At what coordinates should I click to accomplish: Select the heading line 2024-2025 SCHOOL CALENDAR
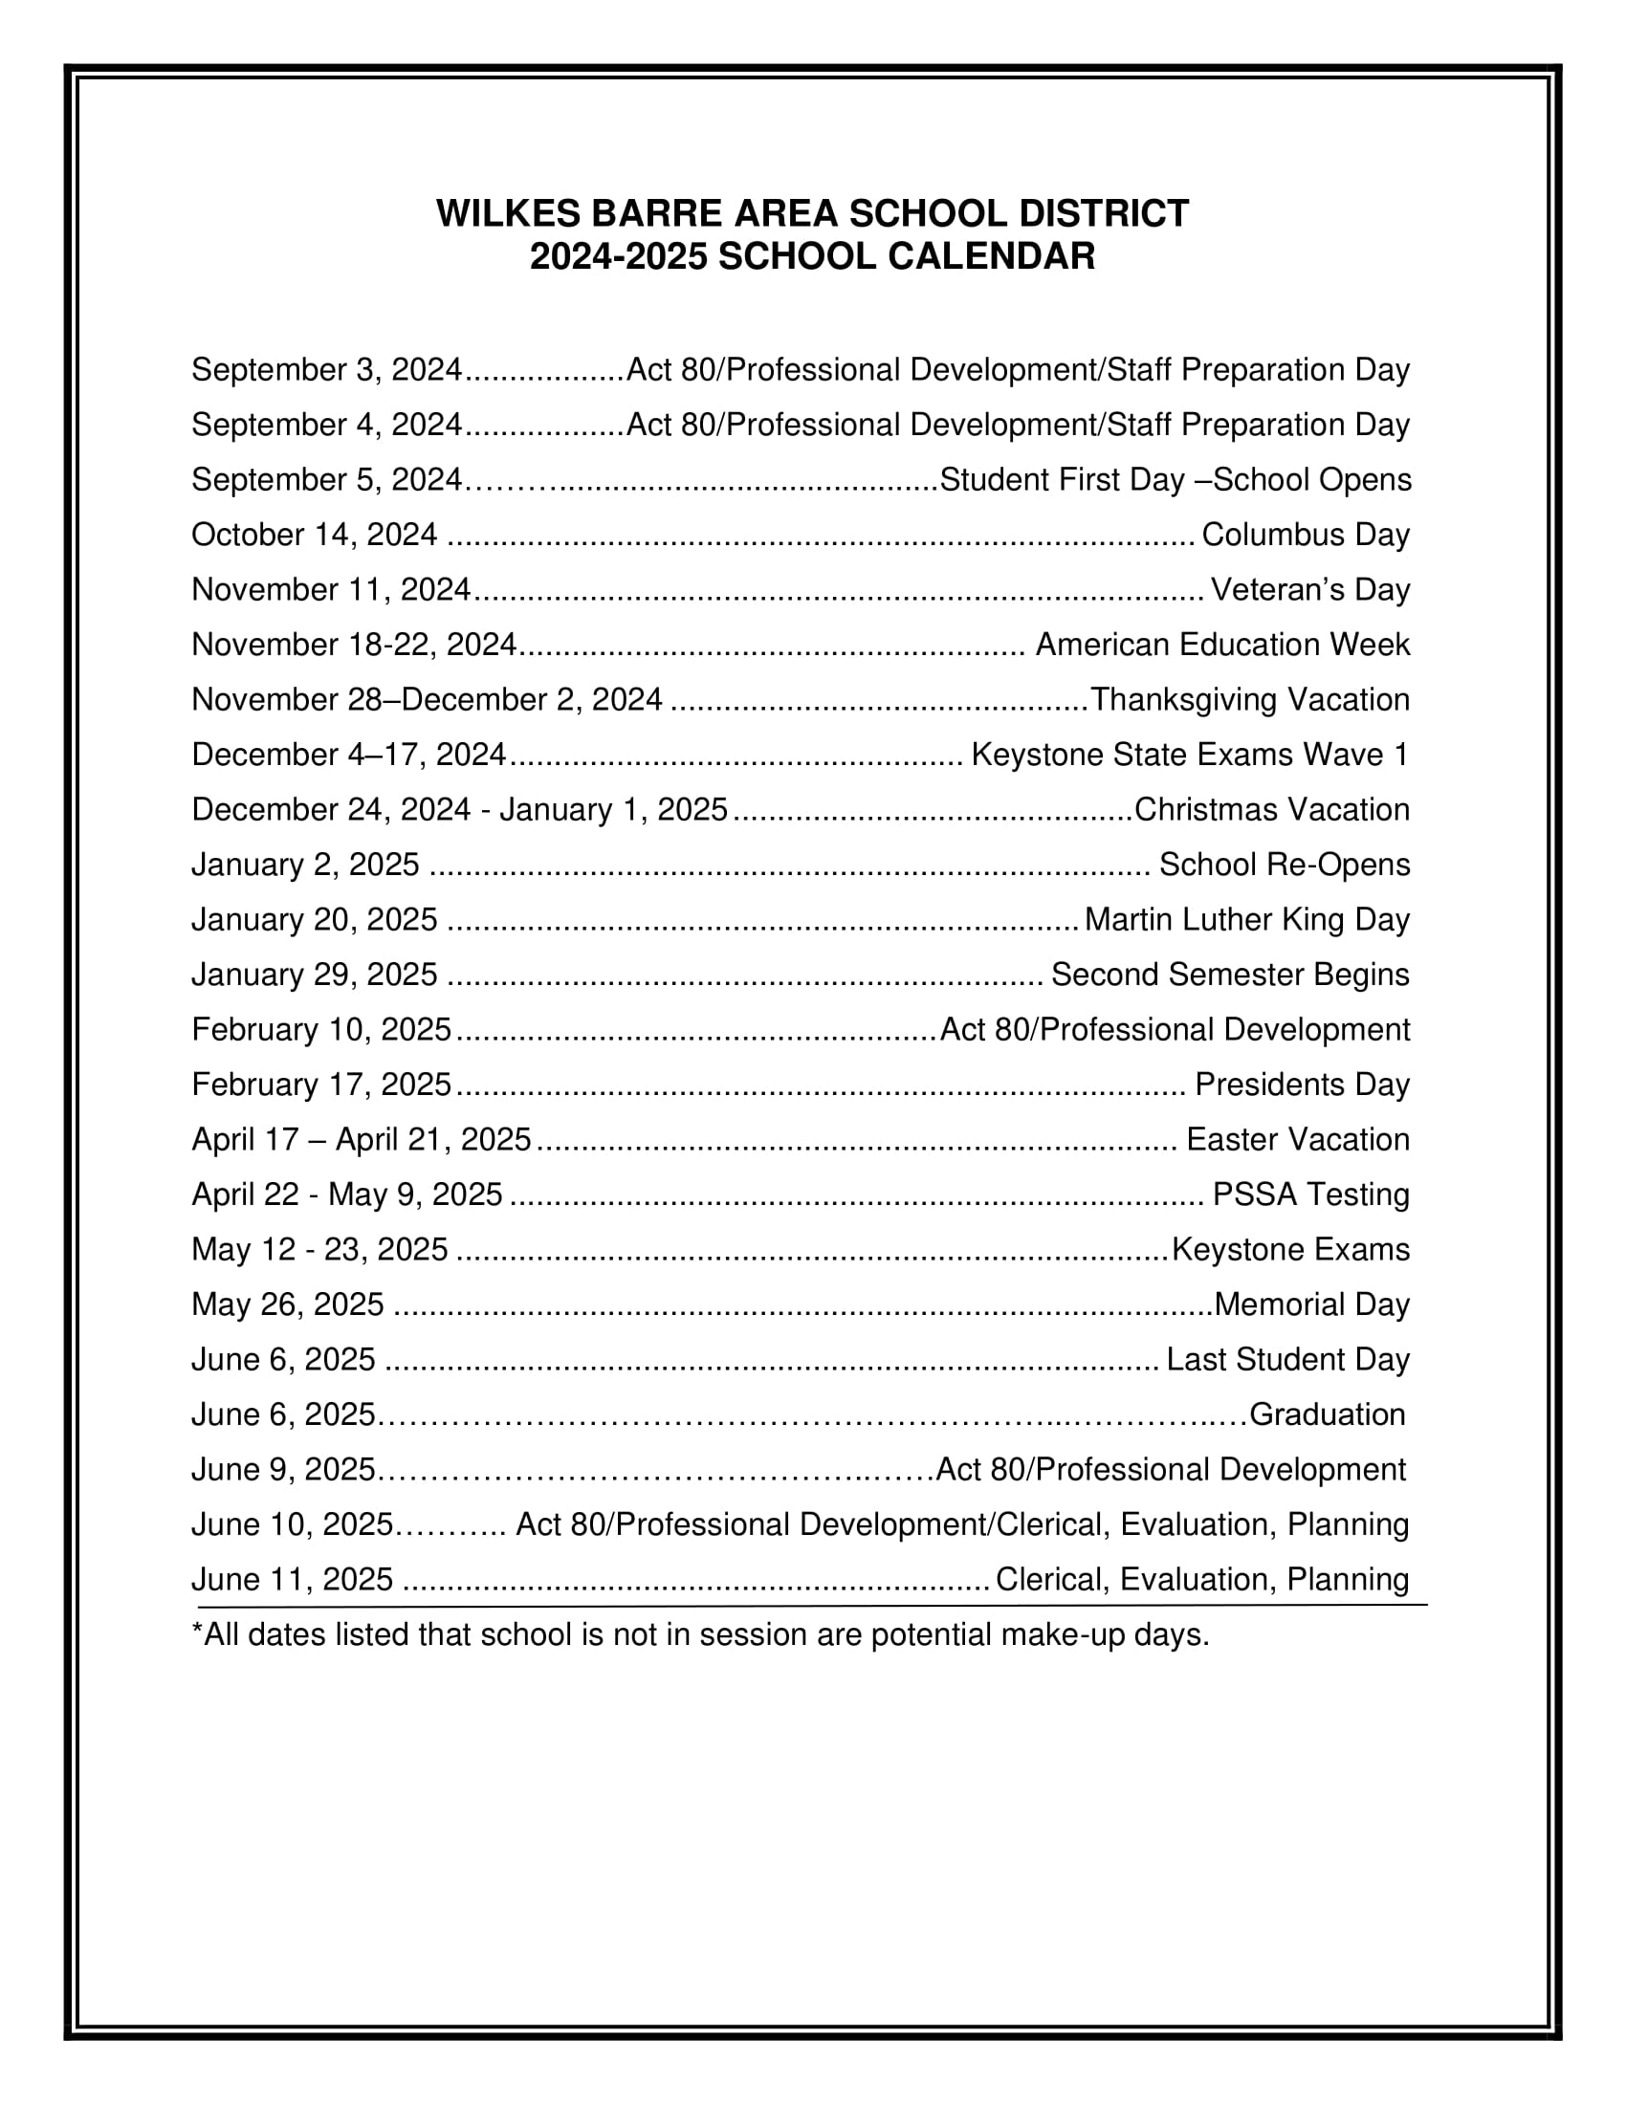click(x=812, y=257)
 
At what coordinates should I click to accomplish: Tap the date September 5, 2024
click(x=326, y=480)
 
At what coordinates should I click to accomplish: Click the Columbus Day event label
click(x=1306, y=535)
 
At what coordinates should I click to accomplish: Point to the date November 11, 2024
click(x=331, y=589)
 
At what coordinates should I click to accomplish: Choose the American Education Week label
click(x=1222, y=645)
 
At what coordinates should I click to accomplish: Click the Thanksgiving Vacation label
click(x=1249, y=699)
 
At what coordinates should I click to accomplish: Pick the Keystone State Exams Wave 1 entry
click(x=1190, y=755)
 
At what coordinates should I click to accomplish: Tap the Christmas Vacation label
click(x=1271, y=809)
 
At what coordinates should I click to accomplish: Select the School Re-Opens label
click(x=1284, y=865)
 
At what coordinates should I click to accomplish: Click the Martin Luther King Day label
click(x=1246, y=919)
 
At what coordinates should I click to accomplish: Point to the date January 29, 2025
click(x=314, y=975)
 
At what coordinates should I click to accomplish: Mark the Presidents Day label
click(x=1302, y=1085)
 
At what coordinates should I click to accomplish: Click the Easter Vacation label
click(x=1298, y=1140)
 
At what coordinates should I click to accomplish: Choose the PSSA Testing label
click(x=1310, y=1194)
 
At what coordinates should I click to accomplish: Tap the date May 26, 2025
click(x=288, y=1304)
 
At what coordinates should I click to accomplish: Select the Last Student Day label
click(x=1288, y=1359)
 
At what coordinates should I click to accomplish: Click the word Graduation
click(x=1328, y=1414)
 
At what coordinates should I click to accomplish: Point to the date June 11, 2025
click(x=292, y=1580)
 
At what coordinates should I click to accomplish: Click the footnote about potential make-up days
click(x=700, y=1634)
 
